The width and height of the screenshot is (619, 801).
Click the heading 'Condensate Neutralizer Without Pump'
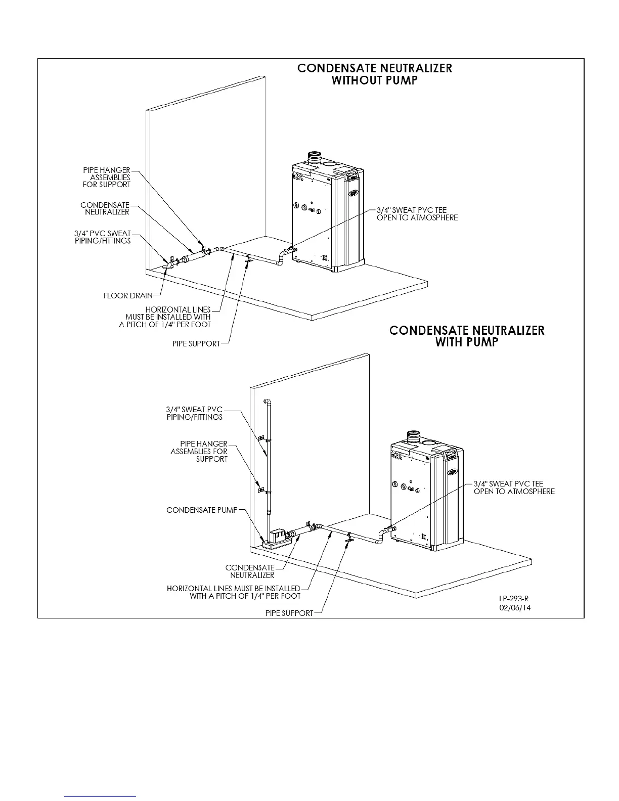374,74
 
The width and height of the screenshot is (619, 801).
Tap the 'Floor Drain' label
127,296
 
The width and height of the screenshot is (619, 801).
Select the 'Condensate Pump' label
201,510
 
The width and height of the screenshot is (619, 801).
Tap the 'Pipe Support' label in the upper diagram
196,344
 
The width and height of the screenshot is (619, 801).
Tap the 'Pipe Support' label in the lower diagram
289,613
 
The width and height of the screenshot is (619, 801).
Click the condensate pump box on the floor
276,539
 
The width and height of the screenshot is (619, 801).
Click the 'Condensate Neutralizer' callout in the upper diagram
105,208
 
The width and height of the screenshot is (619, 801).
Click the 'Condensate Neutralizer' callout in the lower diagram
250,571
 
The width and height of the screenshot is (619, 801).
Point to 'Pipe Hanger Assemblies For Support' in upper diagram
106,177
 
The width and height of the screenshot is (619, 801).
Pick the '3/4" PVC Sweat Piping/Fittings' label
102,237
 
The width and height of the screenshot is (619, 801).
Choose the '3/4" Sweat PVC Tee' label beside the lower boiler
513,487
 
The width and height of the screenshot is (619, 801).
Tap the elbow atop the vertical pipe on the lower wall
268,402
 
